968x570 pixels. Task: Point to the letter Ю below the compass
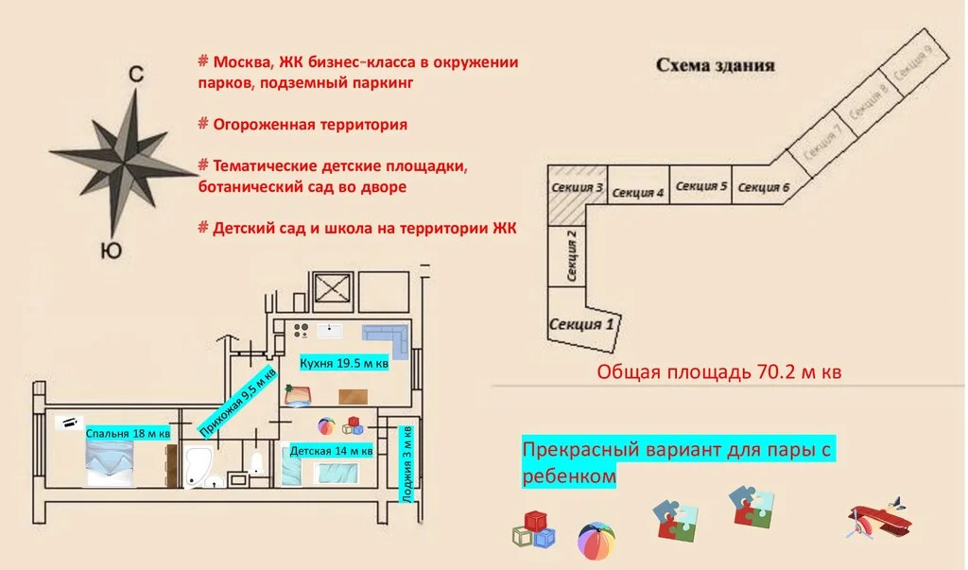[x=111, y=250]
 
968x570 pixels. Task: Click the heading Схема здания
[x=716, y=66]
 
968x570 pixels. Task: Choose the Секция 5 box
[x=701, y=186]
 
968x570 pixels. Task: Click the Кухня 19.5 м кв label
[x=344, y=363]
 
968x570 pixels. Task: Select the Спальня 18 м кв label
[x=129, y=434]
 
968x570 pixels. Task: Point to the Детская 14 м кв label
[x=331, y=451]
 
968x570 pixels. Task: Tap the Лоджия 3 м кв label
[x=407, y=463]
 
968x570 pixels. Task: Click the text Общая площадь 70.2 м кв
[x=718, y=371]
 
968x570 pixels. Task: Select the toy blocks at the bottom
[x=533, y=530]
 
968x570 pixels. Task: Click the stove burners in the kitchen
[x=302, y=330]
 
